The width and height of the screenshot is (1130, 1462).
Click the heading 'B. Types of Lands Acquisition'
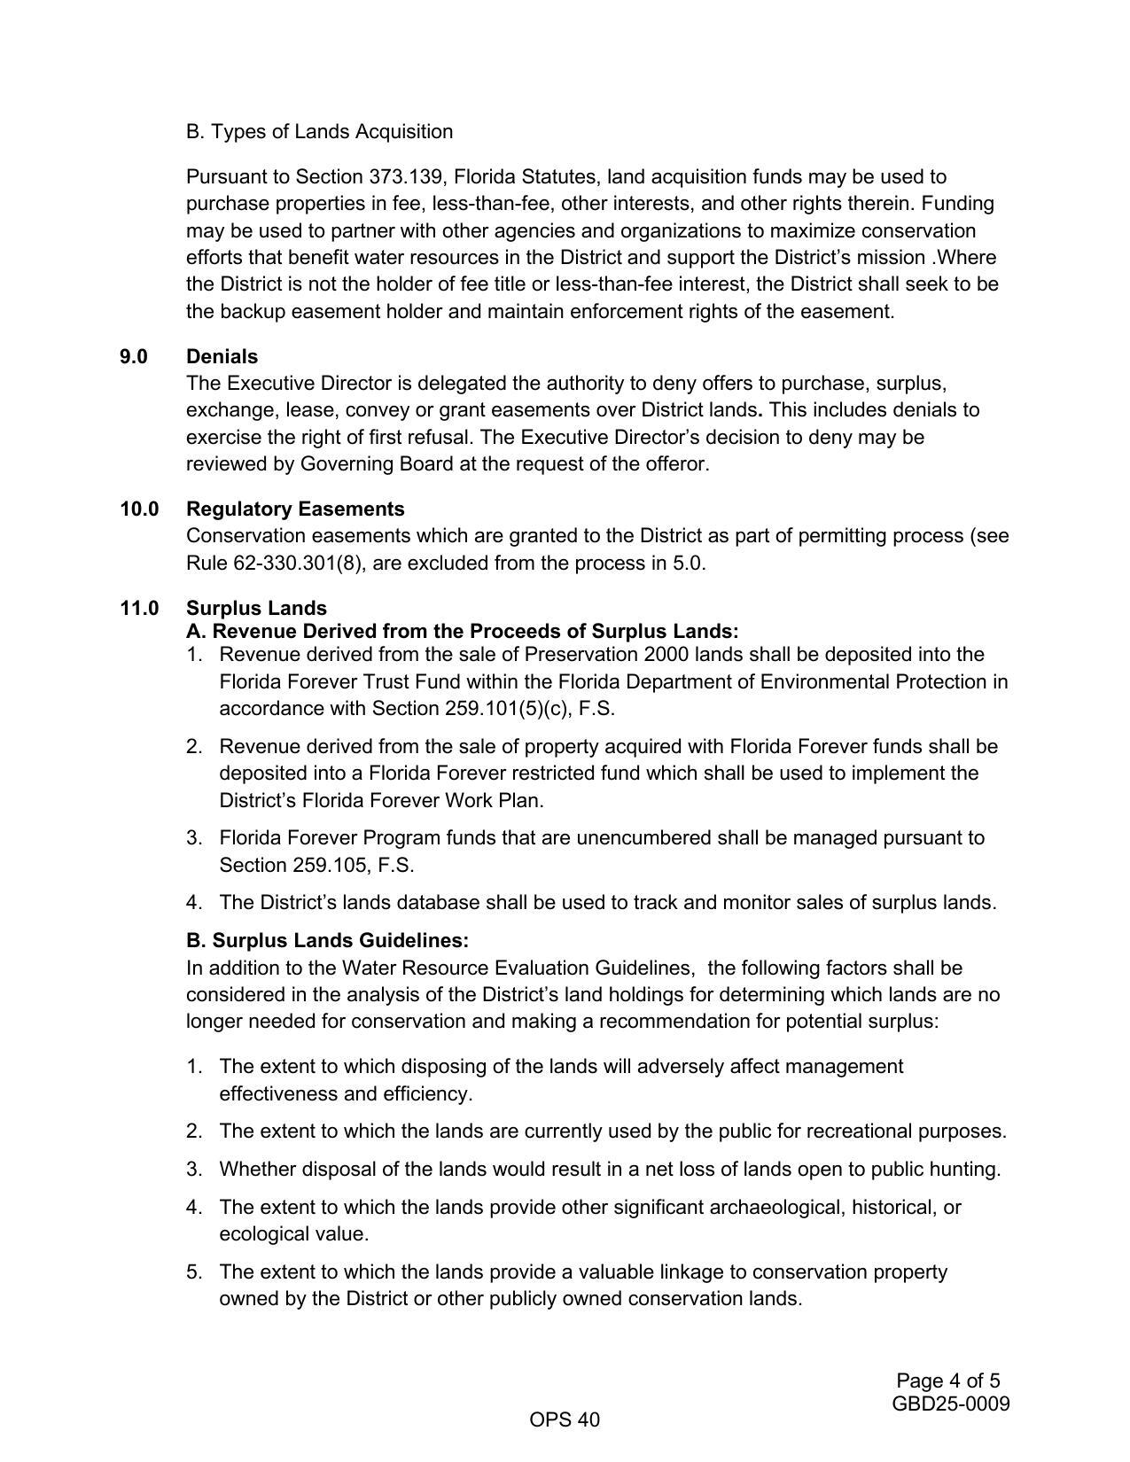[319, 132]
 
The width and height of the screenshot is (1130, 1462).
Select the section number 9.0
[134, 357]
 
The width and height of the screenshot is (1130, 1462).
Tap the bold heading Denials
[222, 357]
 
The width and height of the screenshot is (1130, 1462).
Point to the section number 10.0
[139, 509]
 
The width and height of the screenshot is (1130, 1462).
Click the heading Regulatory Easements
[295, 509]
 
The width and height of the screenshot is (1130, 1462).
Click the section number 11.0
[139, 609]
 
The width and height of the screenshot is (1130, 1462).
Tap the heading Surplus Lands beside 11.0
[256, 609]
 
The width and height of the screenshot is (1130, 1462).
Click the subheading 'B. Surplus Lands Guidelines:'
[327, 940]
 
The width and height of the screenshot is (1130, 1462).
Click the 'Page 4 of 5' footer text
[947, 1381]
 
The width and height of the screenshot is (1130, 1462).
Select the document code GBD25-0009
[950, 1404]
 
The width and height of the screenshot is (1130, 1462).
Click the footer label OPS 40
[565, 1420]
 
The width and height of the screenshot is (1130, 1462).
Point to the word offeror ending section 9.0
[674, 464]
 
